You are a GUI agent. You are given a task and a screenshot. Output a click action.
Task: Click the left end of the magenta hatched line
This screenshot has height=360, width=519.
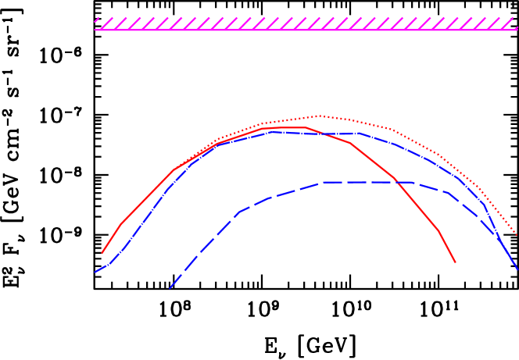coord(95,30)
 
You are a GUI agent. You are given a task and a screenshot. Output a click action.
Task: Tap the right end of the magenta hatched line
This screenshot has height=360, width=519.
coord(517,30)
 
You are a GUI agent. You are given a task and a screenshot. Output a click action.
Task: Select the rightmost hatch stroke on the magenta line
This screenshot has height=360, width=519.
coord(511,23)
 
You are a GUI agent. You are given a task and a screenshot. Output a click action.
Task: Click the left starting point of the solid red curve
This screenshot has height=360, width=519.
coord(102,254)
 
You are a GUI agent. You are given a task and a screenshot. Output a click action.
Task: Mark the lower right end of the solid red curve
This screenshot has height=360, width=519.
coord(455,262)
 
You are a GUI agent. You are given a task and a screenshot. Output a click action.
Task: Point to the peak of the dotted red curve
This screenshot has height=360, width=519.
coord(320,116)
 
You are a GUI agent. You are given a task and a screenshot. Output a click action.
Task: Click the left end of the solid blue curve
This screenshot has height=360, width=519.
coord(95,273)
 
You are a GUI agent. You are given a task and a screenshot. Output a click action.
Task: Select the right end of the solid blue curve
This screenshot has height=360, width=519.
coord(517,269)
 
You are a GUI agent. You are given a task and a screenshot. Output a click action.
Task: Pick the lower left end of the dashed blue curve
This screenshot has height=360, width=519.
coord(170,288)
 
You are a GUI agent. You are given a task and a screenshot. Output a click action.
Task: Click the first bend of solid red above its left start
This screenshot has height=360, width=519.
coord(120,226)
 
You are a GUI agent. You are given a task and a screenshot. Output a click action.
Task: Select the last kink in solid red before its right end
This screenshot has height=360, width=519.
coord(438,230)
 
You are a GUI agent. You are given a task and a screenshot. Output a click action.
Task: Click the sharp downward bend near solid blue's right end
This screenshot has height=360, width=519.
coord(485,205)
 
